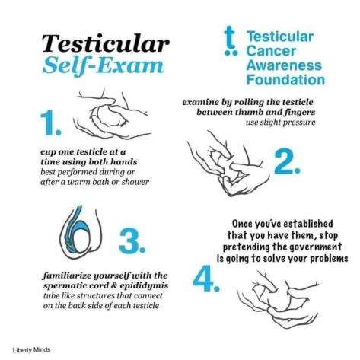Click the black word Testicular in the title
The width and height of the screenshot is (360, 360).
coord(106,43)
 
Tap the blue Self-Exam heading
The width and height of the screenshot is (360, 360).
coord(103,65)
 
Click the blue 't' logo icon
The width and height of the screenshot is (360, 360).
coord(231,40)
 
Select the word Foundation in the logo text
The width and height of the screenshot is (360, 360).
coord(285,80)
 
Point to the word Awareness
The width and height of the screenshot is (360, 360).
coord(284,65)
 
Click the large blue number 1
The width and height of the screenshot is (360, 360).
coord(51,123)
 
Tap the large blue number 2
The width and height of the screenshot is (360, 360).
coord(288,161)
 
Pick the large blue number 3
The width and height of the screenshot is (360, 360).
coord(132,241)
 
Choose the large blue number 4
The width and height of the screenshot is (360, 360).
coord(206,279)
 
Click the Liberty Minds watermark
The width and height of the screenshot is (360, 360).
coord(31,350)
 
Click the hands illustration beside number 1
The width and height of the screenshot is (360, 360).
coord(113,116)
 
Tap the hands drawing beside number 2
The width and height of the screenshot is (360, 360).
coord(228,164)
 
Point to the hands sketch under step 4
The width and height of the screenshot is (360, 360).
coord(278,299)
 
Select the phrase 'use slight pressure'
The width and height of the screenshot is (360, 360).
coord(280,123)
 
